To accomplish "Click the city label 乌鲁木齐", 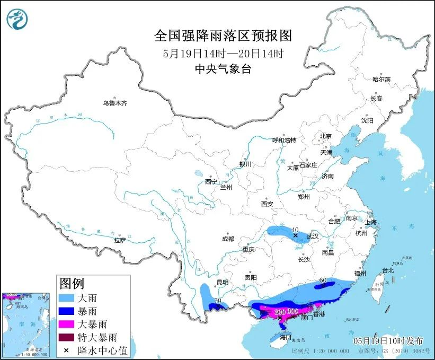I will click(x=115, y=103).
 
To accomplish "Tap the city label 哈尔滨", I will click(x=381, y=79).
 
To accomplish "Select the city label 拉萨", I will click(x=120, y=240).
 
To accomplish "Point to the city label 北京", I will click(x=325, y=136).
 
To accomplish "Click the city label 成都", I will click(x=228, y=239).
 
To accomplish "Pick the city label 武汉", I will click(x=312, y=236).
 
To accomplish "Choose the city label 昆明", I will click(x=222, y=282).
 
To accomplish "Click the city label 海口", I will click(x=286, y=337).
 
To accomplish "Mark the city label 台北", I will click(x=388, y=270).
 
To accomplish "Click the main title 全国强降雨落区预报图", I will click(x=223, y=36).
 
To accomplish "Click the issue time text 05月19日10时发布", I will click(x=387, y=338).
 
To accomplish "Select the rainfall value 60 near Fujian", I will click(x=323, y=280).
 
